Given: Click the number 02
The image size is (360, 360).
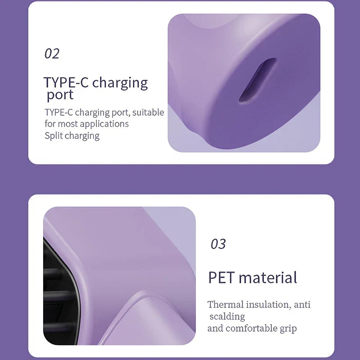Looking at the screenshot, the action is [x=52, y=54].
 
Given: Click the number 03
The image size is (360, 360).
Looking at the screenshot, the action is [x=218, y=244].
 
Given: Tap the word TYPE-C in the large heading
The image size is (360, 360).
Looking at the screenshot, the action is [x=66, y=82].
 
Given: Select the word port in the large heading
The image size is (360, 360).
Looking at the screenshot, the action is [x=60, y=95].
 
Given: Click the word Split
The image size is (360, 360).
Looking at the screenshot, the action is [x=54, y=135].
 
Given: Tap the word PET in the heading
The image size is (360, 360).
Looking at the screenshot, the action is [x=221, y=278].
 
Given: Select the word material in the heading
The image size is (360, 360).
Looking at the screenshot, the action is [x=268, y=277].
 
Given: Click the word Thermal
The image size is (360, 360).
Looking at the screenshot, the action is [x=225, y=305].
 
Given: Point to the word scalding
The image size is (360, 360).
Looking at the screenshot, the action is [x=227, y=316].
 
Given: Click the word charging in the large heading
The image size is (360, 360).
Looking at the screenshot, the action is [x=120, y=83].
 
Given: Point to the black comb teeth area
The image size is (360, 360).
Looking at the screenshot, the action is [x=60, y=294].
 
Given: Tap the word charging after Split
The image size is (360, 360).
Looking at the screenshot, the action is [x=82, y=136].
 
